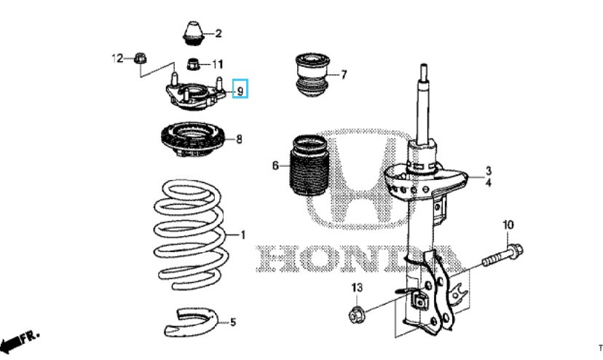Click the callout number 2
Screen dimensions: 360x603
(x=218, y=34)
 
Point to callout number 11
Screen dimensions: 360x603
(x=218, y=63)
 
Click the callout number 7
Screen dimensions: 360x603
(x=344, y=74)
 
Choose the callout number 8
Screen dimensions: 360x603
(x=240, y=138)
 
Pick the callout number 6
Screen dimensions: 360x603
(x=276, y=166)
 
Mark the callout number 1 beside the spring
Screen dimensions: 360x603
(x=243, y=235)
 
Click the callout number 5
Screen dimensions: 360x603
(x=232, y=321)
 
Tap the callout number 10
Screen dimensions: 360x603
(x=508, y=224)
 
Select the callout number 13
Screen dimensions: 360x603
(x=356, y=289)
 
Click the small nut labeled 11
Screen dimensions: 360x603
(x=194, y=63)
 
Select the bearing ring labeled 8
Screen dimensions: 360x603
(x=191, y=138)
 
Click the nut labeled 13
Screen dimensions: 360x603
(x=357, y=315)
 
